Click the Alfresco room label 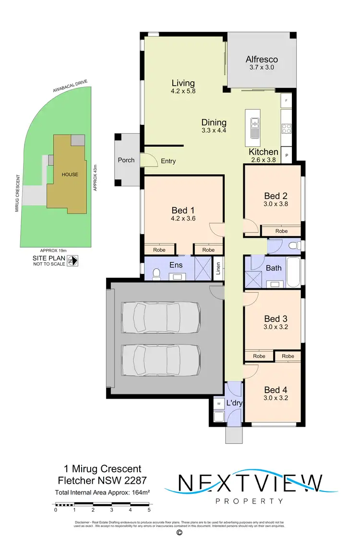pos(262,60)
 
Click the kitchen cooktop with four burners pos(287,128)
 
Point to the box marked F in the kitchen pos(287,101)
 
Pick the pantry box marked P pos(287,156)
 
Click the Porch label pos(126,160)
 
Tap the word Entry pos(168,161)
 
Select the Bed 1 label pos(183,210)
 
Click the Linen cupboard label pos(218,269)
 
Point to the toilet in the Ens pos(155,273)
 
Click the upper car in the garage pos(160,317)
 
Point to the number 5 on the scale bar pos(149,510)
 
